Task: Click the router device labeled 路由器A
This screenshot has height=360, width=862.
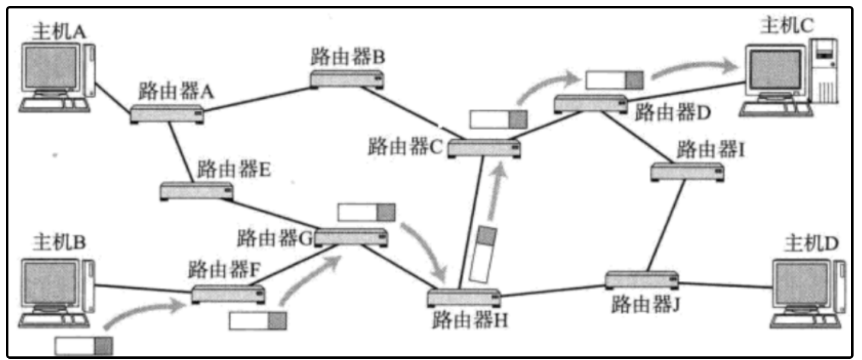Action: pyautogui.click(x=167, y=114)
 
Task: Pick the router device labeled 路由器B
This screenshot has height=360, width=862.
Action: pyautogui.click(x=347, y=79)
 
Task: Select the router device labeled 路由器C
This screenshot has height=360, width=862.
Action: pyautogui.click(x=484, y=147)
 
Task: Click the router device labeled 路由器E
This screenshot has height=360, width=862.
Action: pyautogui.click(x=196, y=191)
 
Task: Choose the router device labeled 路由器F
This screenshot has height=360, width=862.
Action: pyautogui.click(x=228, y=294)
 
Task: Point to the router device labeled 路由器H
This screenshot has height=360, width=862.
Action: pyautogui.click(x=464, y=298)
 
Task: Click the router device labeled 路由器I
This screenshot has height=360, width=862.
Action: pyautogui.click(x=687, y=172)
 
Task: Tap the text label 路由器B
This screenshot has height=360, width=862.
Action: pyautogui.click(x=347, y=58)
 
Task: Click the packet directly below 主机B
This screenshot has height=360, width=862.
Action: pyautogui.click(x=84, y=346)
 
